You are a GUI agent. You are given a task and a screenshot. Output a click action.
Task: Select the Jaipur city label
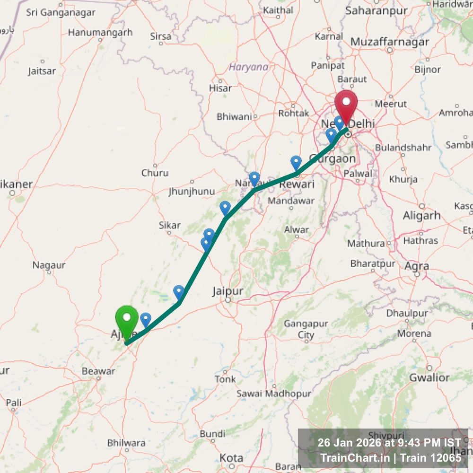pyautogui.click(x=228, y=291)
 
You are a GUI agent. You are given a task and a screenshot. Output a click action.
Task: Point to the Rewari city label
pyautogui.click(x=297, y=184)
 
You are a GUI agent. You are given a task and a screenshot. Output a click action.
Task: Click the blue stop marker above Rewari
pyautogui.click(x=296, y=163)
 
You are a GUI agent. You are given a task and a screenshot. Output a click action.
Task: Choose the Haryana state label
pyautogui.click(x=248, y=67)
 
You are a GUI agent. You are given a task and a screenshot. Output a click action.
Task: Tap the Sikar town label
pyautogui.click(x=169, y=226)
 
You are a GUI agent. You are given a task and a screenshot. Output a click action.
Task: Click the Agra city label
pyautogui.click(x=416, y=266)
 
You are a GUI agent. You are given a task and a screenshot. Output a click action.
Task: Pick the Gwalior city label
pyautogui.click(x=429, y=377)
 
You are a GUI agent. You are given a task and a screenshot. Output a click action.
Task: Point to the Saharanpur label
pyautogui.click(x=370, y=10)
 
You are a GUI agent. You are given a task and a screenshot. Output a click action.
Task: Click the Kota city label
pyautogui.click(x=231, y=458)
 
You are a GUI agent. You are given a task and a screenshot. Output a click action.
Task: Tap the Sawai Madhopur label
pyautogui.click(x=274, y=394)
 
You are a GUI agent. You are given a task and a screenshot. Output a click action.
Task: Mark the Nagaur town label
pyautogui.click(x=49, y=265)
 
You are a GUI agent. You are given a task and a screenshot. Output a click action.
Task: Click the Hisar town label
pyautogui.click(x=220, y=88)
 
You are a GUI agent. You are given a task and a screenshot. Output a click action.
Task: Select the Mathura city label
pyautogui.click(x=366, y=244)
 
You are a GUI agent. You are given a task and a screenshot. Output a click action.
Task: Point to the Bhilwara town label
pyautogui.click(x=126, y=443)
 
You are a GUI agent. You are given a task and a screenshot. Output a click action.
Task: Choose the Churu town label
pyautogui.click(x=155, y=173)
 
